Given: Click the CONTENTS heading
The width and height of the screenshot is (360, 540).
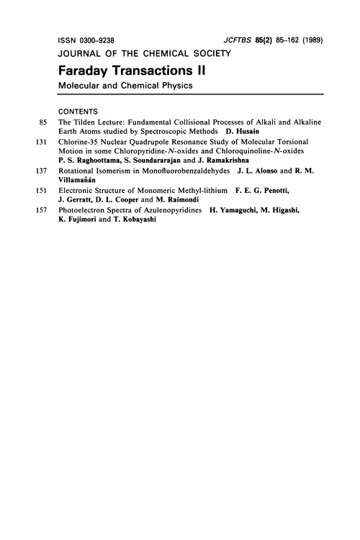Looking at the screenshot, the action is tap(80, 112).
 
